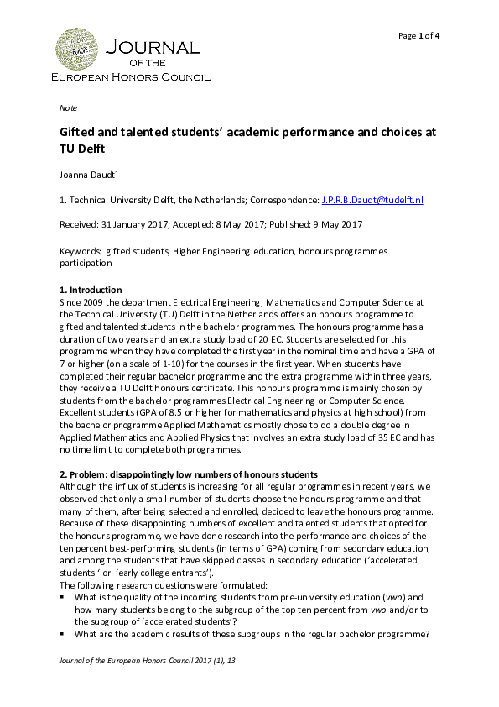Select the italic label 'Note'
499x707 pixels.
[68, 109]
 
